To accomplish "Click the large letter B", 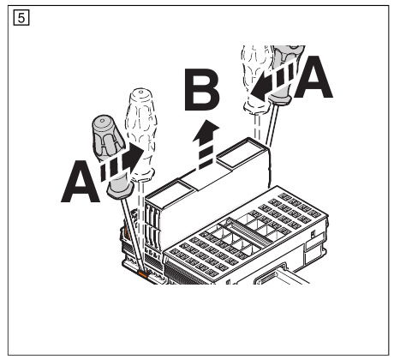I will click(203, 93).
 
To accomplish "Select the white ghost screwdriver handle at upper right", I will click(256, 77).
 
